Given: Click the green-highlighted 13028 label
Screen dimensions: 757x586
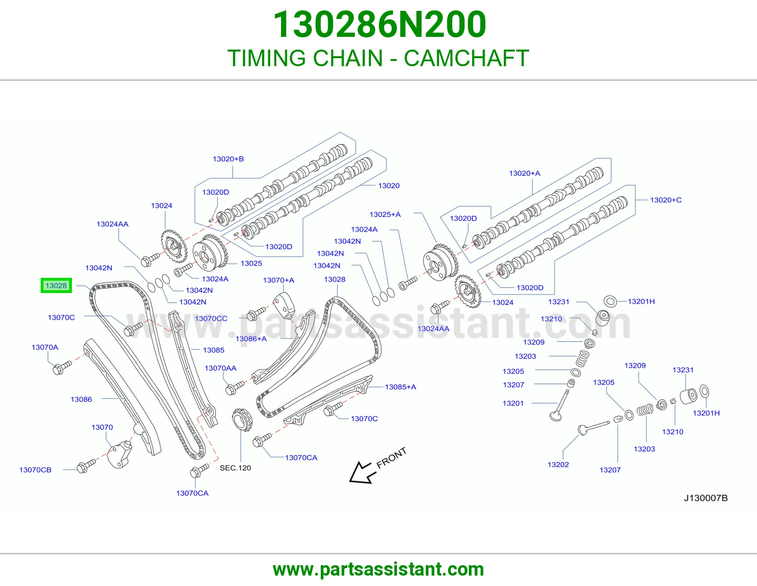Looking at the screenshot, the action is tap(56, 286).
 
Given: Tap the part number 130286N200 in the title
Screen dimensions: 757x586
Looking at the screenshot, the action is tap(379, 25).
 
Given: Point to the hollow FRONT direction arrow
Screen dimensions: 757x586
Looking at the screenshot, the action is tap(362, 473).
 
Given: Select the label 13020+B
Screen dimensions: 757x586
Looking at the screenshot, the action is tap(228, 159).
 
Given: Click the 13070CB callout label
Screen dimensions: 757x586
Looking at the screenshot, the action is tap(35, 470).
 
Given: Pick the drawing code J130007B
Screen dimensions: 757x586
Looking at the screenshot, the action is tap(706, 498).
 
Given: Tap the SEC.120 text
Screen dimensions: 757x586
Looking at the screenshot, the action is tap(235, 468).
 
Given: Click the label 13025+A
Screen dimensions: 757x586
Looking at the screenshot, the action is tap(385, 215).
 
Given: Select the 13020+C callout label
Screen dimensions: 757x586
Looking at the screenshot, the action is tap(666, 200).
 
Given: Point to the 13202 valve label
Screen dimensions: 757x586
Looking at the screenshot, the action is tap(558, 465).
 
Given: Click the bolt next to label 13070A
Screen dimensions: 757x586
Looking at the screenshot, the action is tap(62, 368).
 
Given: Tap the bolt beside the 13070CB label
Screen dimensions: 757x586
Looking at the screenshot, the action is tap(86, 466).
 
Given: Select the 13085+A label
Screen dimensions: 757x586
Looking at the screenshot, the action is tap(400, 387).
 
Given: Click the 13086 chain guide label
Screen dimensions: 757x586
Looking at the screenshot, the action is tap(81, 399).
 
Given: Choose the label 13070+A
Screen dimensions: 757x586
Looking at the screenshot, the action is tap(278, 280).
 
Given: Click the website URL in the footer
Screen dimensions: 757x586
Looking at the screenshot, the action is tap(378, 569).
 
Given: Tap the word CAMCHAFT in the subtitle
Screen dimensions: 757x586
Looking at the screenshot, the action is tap(467, 58).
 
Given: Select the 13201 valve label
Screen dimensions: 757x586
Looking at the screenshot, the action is tap(513, 403).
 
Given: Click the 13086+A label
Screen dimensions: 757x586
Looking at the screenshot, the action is tap(251, 338).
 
